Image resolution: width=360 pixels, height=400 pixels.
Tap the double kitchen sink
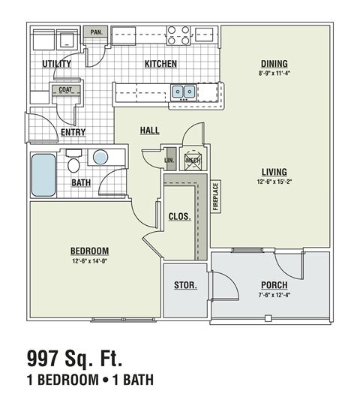[x=183, y=92]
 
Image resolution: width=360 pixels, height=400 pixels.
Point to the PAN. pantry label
[x=96, y=32]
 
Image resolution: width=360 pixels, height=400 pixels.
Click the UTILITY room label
[x=56, y=64]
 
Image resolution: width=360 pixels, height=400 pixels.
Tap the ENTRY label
[x=73, y=132]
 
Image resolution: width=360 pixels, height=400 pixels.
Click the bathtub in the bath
[x=43, y=175]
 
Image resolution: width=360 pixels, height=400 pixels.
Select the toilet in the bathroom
[x=73, y=162]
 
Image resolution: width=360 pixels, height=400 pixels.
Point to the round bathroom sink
[x=99, y=158]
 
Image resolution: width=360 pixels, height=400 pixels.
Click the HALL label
[x=149, y=130]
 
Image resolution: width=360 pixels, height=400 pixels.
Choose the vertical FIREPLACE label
[x=215, y=197]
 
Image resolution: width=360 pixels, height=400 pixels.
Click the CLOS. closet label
[x=179, y=216]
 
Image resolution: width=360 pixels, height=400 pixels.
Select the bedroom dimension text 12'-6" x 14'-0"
[x=89, y=261]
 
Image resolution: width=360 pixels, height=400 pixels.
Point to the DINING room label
[x=275, y=63]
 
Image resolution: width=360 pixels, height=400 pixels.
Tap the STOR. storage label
[x=184, y=285]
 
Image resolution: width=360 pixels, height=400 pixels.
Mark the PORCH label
[x=274, y=285]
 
